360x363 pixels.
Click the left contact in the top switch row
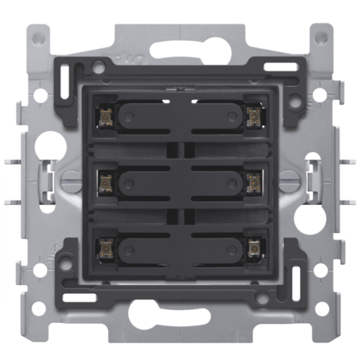[105, 116]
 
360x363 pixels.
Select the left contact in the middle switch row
[105, 181]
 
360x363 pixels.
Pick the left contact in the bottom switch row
[105, 247]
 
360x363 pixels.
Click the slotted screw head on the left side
[70, 179]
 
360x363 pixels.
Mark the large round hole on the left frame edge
[50, 141]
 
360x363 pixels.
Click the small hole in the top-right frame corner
[321, 36]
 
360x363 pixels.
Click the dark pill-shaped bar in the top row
[179, 116]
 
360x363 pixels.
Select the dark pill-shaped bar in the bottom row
[179, 247]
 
